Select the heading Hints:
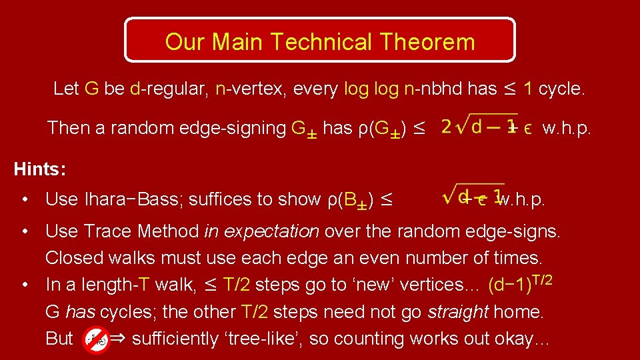click(40, 169)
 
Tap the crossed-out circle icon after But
click(95, 339)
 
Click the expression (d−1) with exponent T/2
click(520, 284)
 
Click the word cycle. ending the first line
click(561, 89)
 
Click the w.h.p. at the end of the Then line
click(567, 127)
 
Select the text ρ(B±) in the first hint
click(351, 199)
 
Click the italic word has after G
click(80, 312)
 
